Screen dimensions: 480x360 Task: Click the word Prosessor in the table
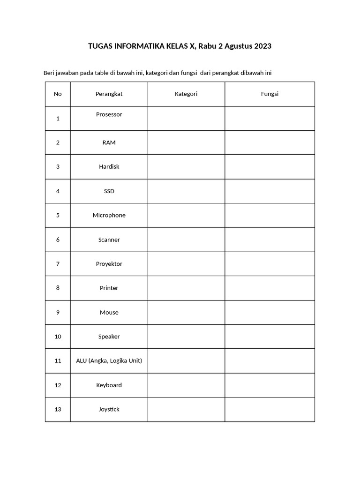(x=109, y=114)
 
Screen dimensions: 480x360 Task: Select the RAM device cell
(x=109, y=142)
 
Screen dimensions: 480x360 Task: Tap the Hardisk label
(x=109, y=167)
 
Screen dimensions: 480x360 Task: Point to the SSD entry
(x=109, y=191)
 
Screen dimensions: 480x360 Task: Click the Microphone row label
(x=109, y=216)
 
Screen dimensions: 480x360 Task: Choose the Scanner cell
(x=109, y=240)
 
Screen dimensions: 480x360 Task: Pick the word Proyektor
(x=109, y=264)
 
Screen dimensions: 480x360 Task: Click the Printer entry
(x=109, y=288)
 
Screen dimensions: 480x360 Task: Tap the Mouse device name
(x=109, y=313)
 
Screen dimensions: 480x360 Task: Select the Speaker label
(x=109, y=337)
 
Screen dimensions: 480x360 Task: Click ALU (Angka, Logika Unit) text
(x=109, y=361)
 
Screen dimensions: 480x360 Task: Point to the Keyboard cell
(x=109, y=385)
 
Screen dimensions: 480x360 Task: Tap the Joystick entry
(x=109, y=409)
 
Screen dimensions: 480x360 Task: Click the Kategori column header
(x=186, y=94)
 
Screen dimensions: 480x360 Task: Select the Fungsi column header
(x=270, y=94)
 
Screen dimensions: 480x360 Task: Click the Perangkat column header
(x=109, y=94)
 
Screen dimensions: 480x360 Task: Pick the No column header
(x=58, y=94)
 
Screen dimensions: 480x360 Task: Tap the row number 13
(x=58, y=409)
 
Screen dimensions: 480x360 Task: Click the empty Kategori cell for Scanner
(x=186, y=240)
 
